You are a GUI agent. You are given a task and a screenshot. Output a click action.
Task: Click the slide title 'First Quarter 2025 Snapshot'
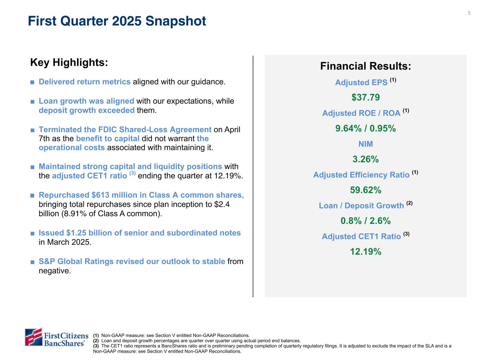point(117,21)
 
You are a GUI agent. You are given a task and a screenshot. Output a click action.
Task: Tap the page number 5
point(469,13)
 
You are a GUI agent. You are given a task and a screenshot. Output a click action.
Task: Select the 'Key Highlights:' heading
point(69,63)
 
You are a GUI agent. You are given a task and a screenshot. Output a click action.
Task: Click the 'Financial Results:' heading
point(365,66)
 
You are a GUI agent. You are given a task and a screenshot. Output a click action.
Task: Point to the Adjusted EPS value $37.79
point(365,97)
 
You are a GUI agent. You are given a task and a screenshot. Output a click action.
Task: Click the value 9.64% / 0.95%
point(365,128)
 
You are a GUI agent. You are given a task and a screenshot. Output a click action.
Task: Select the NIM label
point(365,144)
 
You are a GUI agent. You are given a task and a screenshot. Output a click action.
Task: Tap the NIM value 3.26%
point(365,159)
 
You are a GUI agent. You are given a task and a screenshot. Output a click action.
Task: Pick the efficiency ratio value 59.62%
point(365,190)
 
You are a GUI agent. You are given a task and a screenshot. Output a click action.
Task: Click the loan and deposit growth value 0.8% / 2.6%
point(365,221)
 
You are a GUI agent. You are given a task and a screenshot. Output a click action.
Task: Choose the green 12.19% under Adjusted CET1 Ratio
point(365,252)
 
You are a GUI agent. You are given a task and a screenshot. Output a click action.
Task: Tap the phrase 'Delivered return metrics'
point(84,82)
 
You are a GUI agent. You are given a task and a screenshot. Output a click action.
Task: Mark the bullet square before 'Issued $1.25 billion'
point(32,233)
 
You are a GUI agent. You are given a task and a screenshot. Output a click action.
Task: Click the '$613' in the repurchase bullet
point(99,195)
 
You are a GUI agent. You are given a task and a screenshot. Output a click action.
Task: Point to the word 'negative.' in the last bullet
point(55,271)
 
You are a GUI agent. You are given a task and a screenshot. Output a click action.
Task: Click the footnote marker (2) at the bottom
point(96,341)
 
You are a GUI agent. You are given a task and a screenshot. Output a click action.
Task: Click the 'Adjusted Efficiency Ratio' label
point(361,175)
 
